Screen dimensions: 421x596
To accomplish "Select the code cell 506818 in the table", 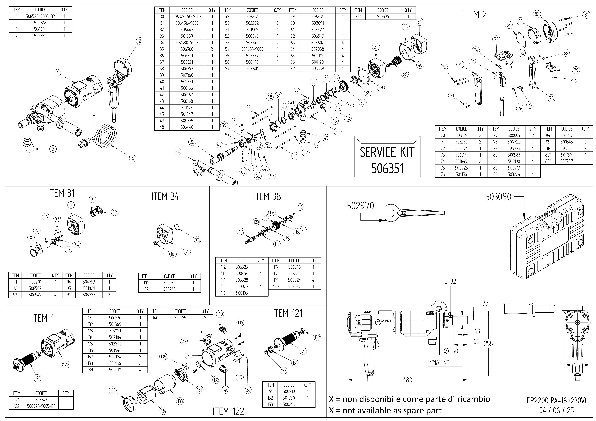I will point(40,23).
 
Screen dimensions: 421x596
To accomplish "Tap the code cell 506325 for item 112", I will point(242,267).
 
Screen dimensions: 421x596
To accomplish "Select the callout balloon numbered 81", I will point(587,15).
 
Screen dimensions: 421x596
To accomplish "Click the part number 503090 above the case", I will point(498,197).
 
